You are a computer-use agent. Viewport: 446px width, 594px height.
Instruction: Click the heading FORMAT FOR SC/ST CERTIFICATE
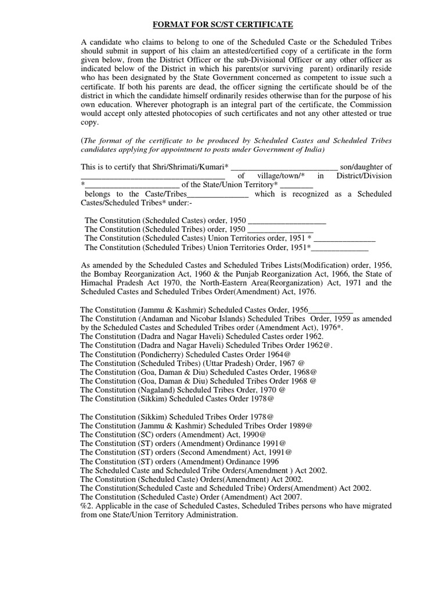click(x=223, y=24)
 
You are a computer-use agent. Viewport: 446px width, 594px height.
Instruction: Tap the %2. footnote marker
click(x=87, y=506)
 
